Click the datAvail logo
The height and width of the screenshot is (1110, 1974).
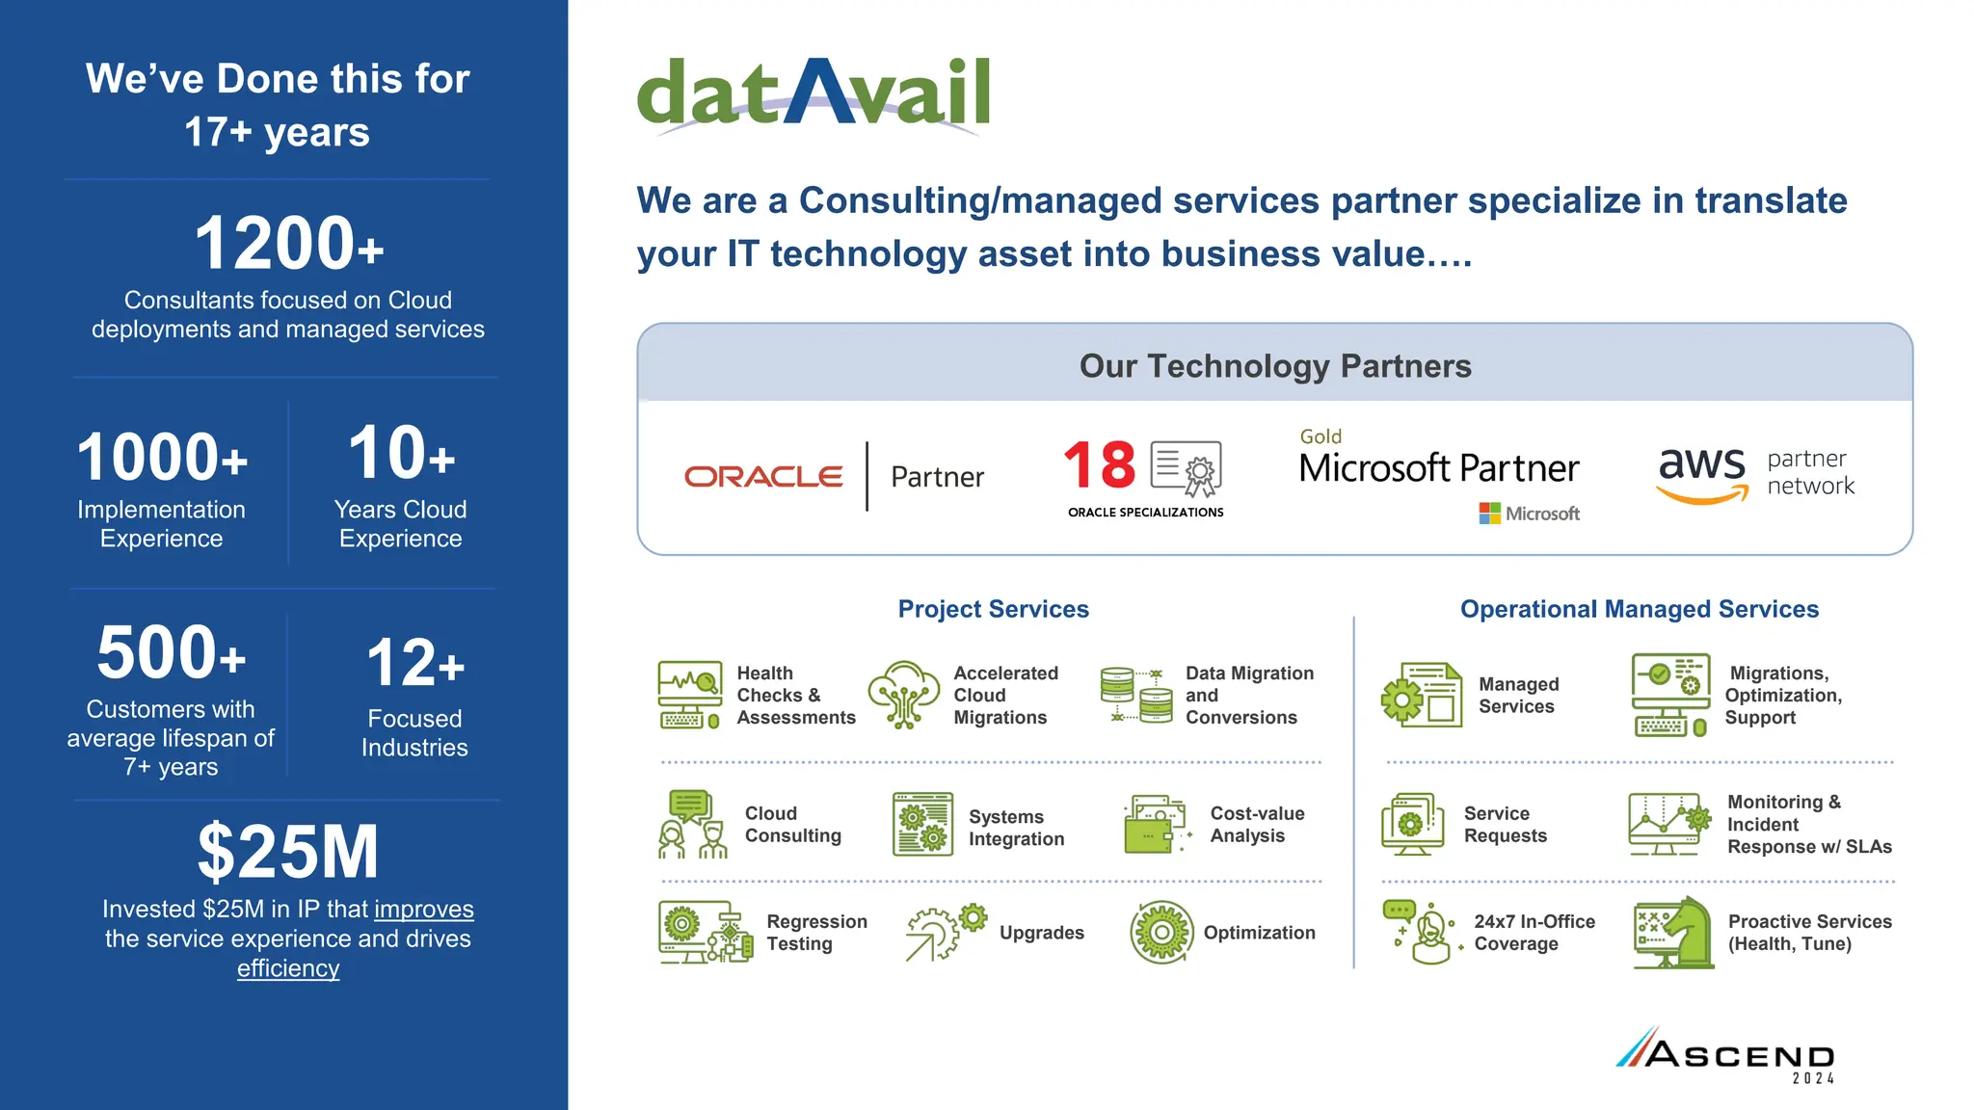click(x=813, y=93)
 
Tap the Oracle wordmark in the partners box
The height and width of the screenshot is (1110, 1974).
click(x=763, y=476)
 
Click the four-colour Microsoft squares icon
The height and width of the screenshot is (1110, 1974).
click(x=1489, y=514)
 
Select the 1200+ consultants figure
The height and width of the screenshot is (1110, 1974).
click(x=288, y=244)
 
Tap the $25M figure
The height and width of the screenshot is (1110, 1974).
click(x=288, y=852)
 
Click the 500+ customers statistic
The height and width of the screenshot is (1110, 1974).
click(x=172, y=652)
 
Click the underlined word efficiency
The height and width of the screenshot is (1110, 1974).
click(x=288, y=968)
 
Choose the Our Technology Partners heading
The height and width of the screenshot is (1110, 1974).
click(x=1274, y=366)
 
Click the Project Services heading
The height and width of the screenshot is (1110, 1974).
click(x=993, y=609)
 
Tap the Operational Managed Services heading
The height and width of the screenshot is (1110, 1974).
click(x=1639, y=609)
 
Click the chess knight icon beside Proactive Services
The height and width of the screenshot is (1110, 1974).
click(x=1674, y=933)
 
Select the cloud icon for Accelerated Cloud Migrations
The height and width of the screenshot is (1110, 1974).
click(x=903, y=694)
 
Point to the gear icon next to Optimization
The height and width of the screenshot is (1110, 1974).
click(x=1161, y=933)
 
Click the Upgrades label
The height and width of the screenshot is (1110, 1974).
click(x=1041, y=933)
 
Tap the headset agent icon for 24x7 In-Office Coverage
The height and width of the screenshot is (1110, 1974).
click(x=1425, y=933)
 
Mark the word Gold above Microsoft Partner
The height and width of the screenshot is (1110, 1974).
click(x=1320, y=436)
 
